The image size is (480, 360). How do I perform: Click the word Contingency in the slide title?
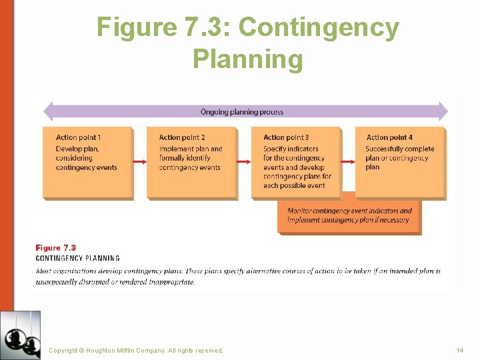(x=319, y=28)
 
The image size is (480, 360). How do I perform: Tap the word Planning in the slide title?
(x=247, y=59)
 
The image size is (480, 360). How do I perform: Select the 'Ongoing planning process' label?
(x=242, y=112)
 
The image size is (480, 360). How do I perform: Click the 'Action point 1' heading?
(x=79, y=137)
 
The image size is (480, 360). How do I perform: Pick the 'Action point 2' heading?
(x=182, y=137)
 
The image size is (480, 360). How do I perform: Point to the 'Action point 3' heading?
(x=286, y=137)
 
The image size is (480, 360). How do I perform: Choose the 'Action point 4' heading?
(x=389, y=137)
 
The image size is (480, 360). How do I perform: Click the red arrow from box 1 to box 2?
(x=140, y=162)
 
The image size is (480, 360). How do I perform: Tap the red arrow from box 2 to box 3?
(x=244, y=162)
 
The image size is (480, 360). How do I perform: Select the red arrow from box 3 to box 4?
(x=348, y=162)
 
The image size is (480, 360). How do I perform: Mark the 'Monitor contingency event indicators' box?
(x=349, y=215)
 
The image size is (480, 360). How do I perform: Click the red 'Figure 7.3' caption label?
(x=56, y=248)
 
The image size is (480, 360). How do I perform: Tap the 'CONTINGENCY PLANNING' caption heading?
(x=78, y=258)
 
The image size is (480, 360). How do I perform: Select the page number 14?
(x=459, y=350)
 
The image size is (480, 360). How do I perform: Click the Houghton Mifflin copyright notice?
(x=136, y=350)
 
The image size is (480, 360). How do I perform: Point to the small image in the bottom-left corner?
(x=20, y=335)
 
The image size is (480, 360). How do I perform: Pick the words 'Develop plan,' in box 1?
(x=77, y=149)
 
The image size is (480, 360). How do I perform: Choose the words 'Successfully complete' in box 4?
(x=399, y=149)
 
